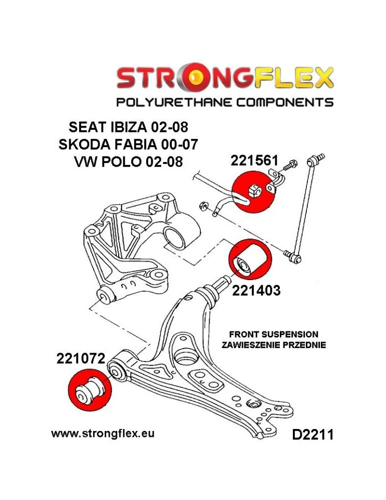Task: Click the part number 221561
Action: click(254, 160)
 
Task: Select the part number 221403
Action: click(256, 290)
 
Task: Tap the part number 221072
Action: click(81, 358)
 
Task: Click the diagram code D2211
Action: click(312, 434)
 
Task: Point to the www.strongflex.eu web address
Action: click(103, 433)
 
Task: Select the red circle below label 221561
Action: click(254, 191)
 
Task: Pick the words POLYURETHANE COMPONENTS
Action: click(225, 102)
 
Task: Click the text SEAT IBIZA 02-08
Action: click(128, 127)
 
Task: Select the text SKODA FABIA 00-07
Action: click(128, 144)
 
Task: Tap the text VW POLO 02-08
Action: click(128, 161)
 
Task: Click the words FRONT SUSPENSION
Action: click(274, 334)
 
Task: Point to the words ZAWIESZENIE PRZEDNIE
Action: click(274, 344)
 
